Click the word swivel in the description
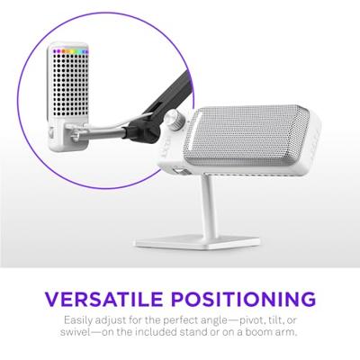click(x=86, y=334)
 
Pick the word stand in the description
click(x=213, y=334)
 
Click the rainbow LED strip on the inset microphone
click(x=72, y=51)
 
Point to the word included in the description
click(x=166, y=334)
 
